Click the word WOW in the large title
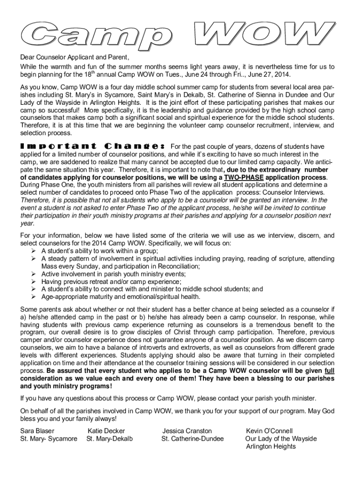coord(265,36)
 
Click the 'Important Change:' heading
coord(92,146)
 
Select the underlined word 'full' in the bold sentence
coord(329,371)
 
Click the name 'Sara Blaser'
coord(37,431)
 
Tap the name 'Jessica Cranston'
coord(187,431)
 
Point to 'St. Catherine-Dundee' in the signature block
coord(193,439)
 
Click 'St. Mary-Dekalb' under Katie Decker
coord(109,439)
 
